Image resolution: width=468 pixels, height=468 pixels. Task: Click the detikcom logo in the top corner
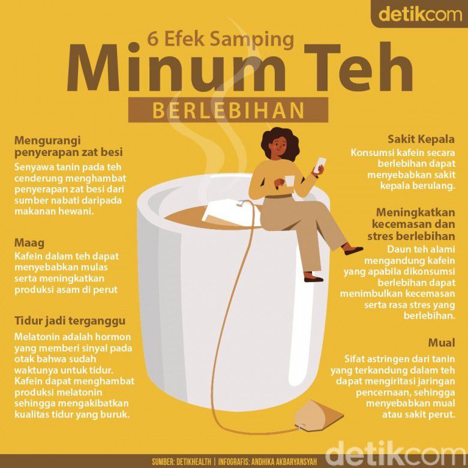[x=420, y=14]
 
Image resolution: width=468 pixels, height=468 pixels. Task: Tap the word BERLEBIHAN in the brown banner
[x=229, y=110]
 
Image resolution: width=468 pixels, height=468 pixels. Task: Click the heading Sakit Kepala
[x=421, y=139]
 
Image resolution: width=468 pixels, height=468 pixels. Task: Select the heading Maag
[x=29, y=244]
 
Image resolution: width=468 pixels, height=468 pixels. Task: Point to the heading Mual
[x=442, y=343]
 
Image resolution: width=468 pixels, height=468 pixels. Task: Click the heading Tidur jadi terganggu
[x=70, y=322]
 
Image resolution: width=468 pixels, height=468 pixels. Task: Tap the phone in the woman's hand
[x=320, y=164]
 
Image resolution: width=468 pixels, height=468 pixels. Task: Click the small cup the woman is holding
[x=289, y=181]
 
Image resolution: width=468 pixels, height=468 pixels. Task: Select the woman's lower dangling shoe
[x=313, y=278]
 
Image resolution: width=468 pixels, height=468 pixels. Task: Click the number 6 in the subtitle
[x=152, y=39]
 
